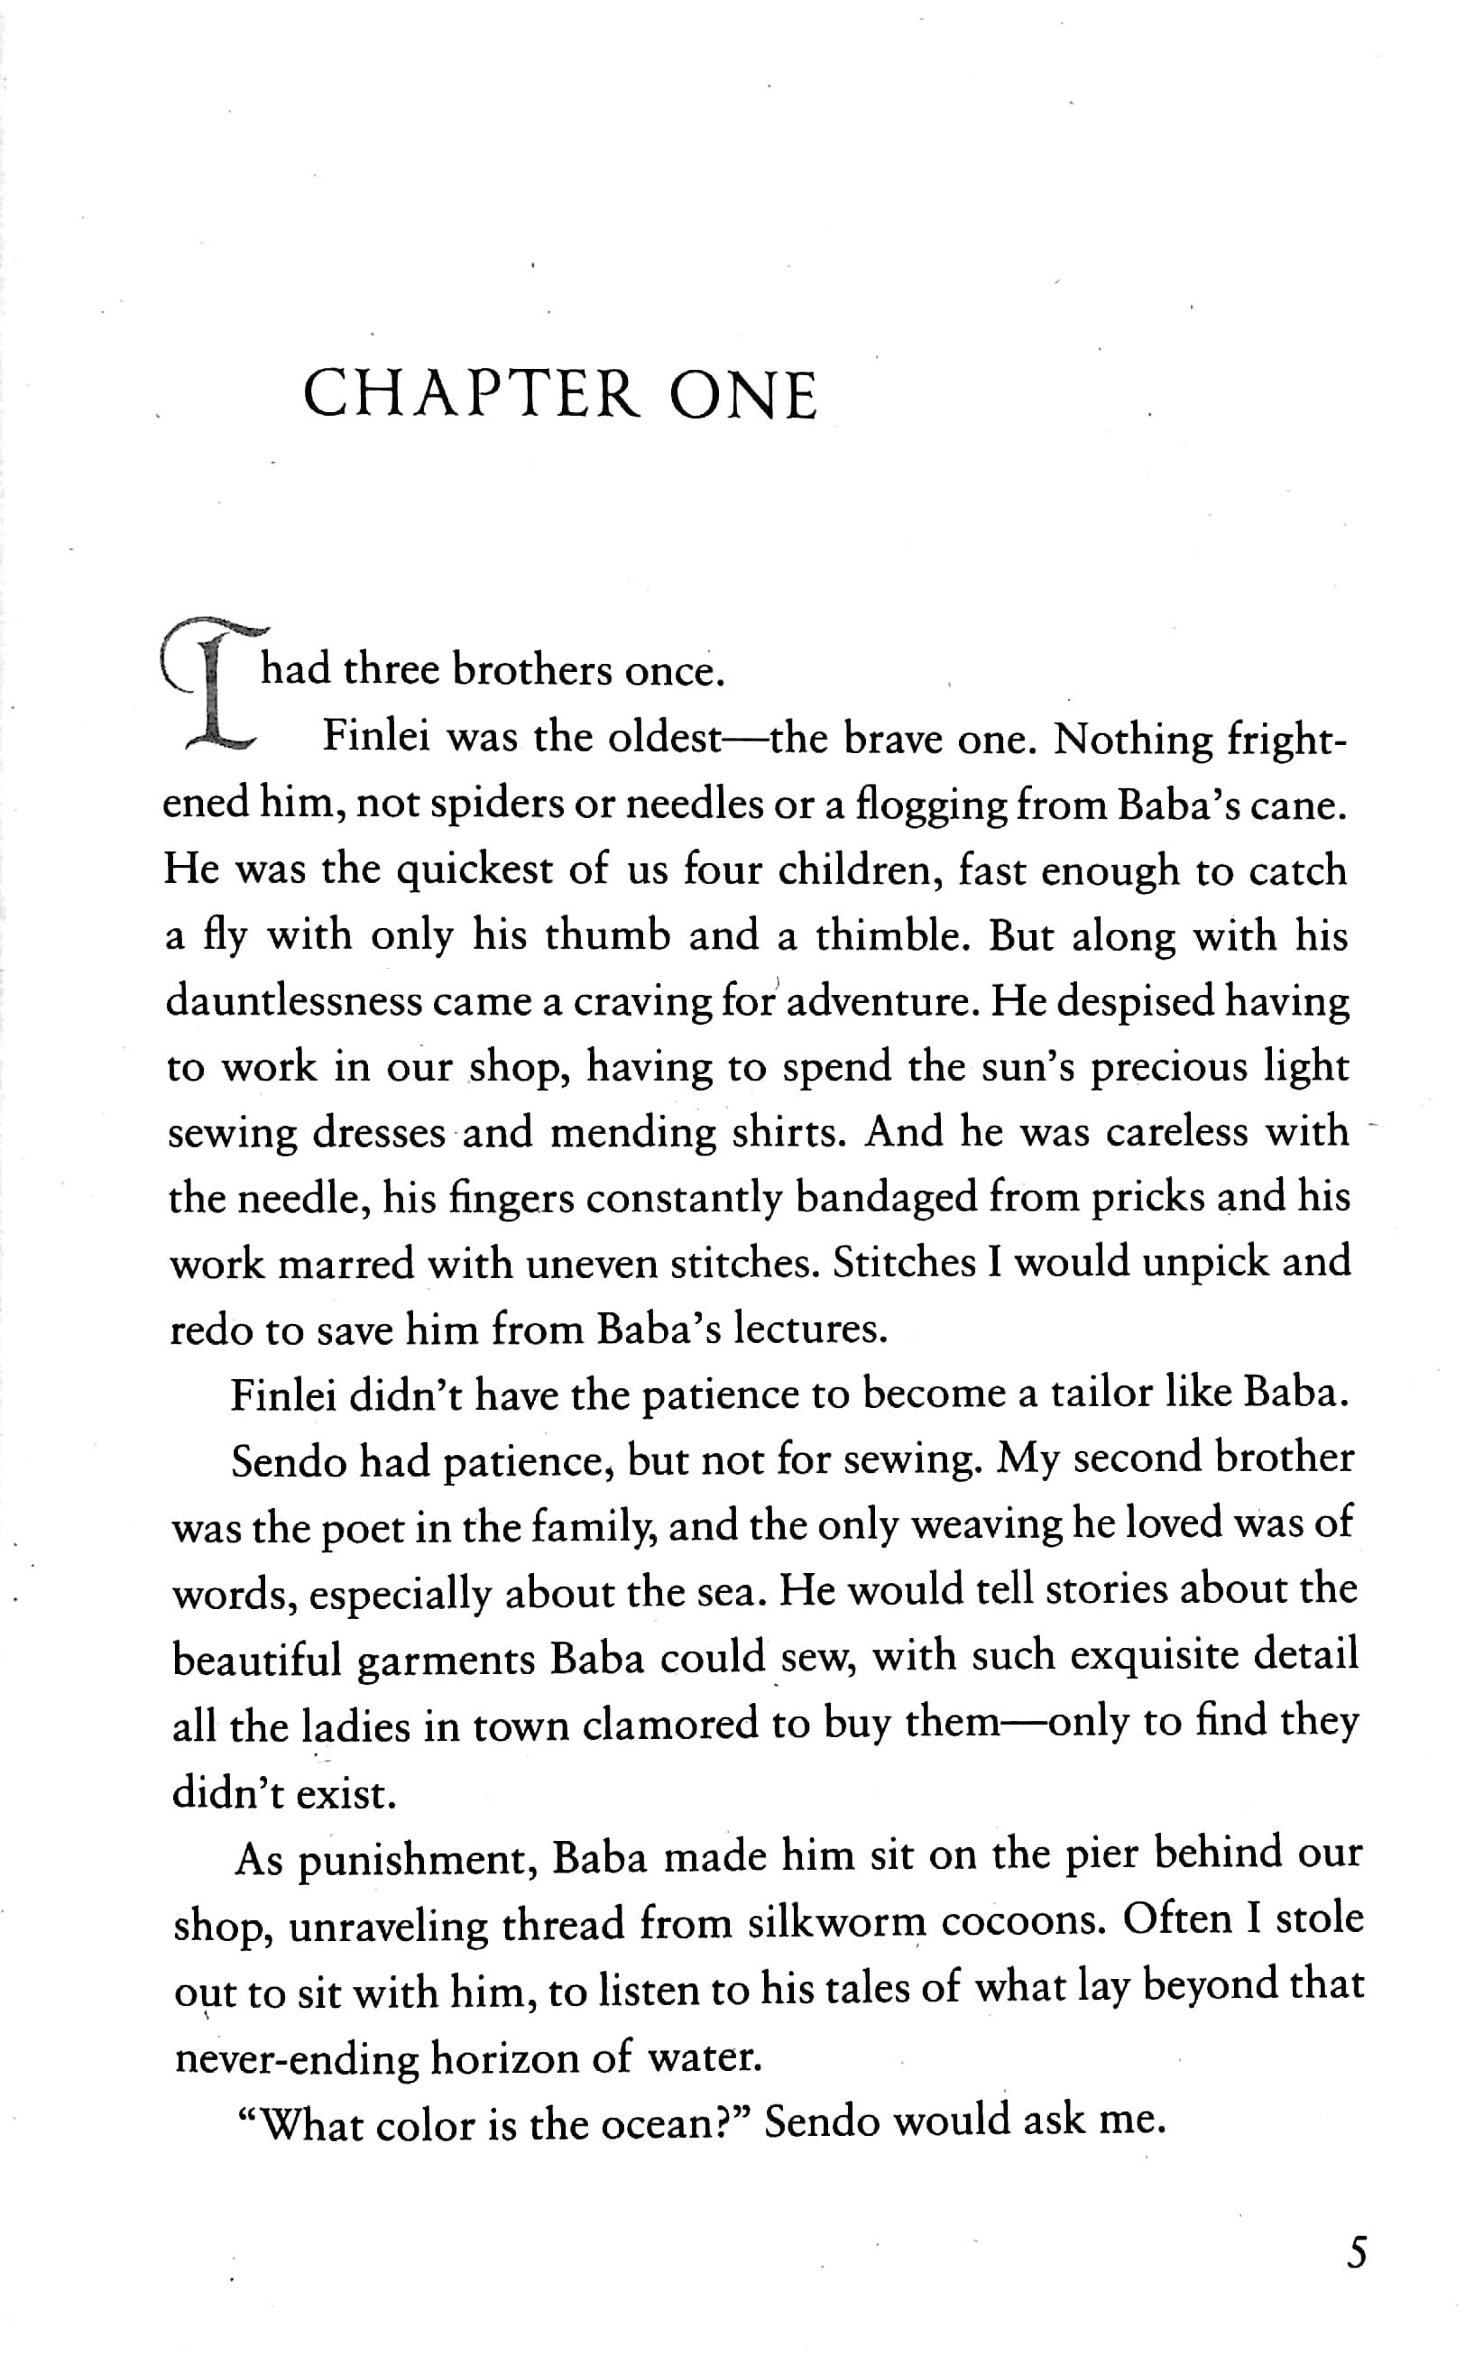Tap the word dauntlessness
click(x=292, y=1000)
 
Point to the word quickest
click(x=475, y=870)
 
